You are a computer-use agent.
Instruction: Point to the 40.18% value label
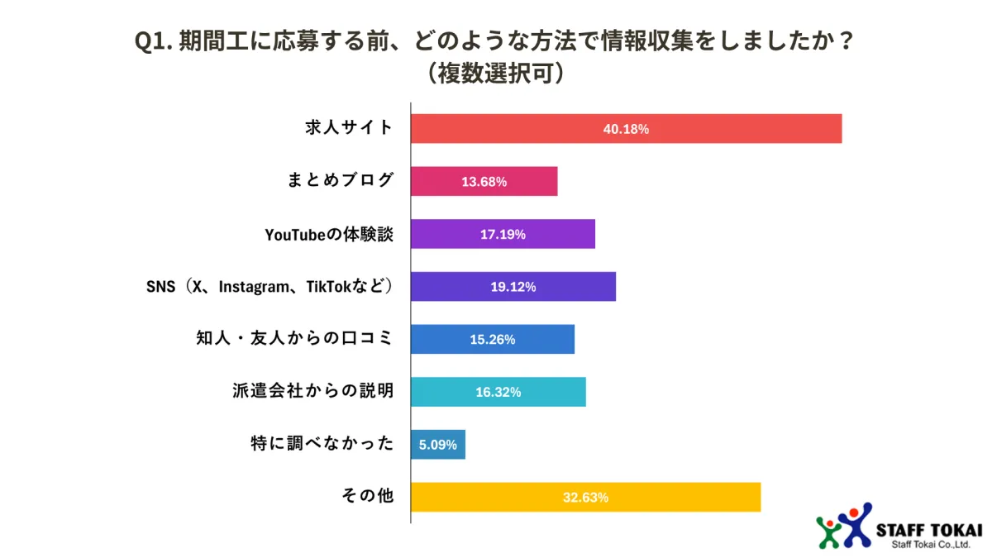(x=626, y=129)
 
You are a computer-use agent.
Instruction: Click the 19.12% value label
(x=513, y=287)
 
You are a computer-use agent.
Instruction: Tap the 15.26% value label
(x=493, y=339)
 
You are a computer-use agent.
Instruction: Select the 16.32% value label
(x=498, y=392)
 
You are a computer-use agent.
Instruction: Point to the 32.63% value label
(x=585, y=497)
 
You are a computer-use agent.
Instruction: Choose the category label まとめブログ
(x=340, y=181)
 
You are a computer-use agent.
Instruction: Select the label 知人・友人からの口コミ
(x=294, y=339)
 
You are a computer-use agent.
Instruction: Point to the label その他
(x=368, y=497)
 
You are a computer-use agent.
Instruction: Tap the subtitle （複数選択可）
(x=495, y=74)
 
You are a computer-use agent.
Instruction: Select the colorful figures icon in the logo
(x=844, y=526)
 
